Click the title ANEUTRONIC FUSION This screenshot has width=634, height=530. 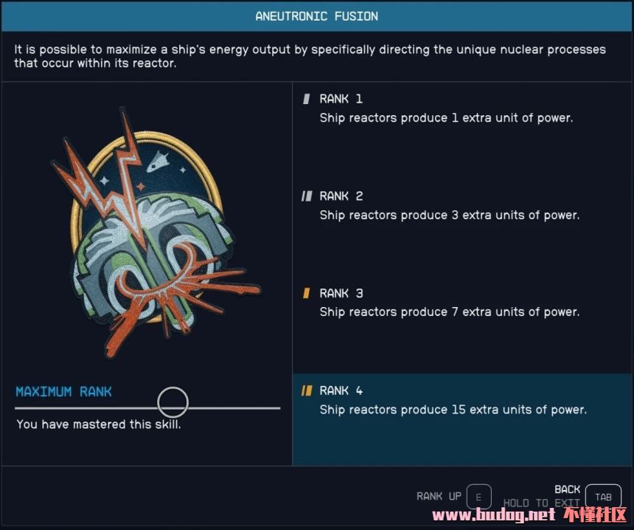316,16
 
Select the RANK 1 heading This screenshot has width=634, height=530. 341,99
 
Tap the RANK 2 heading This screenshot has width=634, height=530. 341,196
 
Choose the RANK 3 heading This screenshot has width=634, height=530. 341,293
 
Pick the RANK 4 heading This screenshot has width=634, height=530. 341,390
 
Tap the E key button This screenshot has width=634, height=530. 478,497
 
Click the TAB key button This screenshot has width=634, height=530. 603,497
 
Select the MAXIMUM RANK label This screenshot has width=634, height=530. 63,391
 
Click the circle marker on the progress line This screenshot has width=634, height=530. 173,402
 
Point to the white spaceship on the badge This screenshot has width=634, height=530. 158,161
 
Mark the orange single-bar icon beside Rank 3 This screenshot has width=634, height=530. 307,293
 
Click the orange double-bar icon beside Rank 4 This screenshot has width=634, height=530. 307,390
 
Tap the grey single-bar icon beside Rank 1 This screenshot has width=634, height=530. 307,99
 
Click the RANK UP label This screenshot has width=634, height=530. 439,496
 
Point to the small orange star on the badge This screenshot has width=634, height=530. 141,187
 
